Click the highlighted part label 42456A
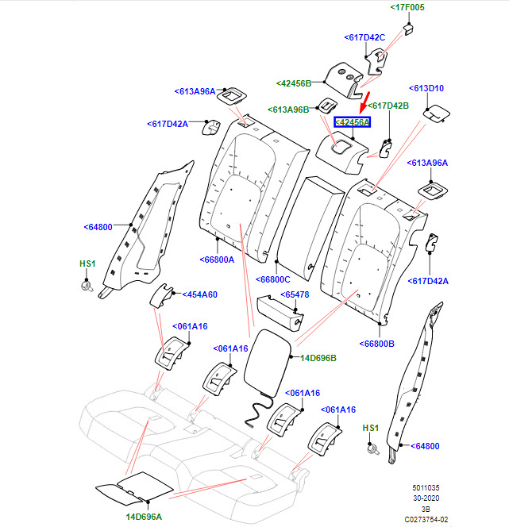pos(352,122)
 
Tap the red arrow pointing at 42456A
pos(364,102)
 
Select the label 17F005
pos(407,7)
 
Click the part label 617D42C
pos(364,37)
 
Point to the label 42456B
pos(294,83)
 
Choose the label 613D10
pos(426,88)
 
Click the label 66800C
pos(272,279)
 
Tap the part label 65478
pos(295,294)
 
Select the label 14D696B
pos(318,358)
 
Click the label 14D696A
pos(144,517)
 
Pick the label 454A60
pos(199,294)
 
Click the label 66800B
pos(376,344)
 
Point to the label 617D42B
pos(388,106)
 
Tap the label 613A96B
pos(288,110)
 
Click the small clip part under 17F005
pos(408,29)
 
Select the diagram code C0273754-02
pos(426,520)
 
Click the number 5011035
pos(426,487)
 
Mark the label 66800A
pos(217,260)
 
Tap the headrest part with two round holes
pos(344,81)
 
